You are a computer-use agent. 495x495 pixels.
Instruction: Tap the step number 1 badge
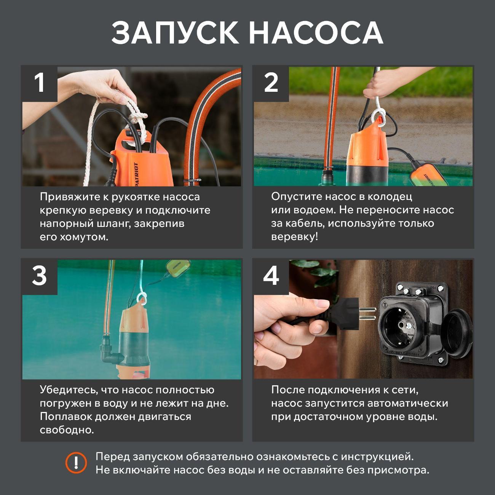(x=40, y=83)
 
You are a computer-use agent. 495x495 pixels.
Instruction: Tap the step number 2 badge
(x=271, y=83)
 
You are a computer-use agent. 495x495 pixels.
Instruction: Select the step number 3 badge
(x=40, y=276)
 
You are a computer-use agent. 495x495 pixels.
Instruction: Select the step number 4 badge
(x=271, y=276)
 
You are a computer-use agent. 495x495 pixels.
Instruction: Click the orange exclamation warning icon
(x=76, y=463)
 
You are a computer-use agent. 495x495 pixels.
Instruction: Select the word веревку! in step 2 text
(x=294, y=237)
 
